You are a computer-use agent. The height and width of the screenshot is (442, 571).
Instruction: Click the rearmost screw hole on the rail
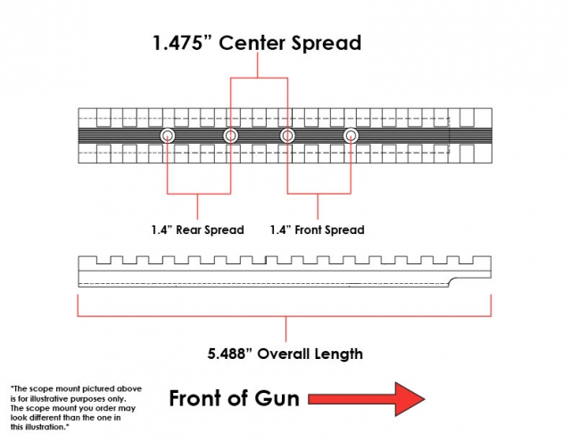(168, 136)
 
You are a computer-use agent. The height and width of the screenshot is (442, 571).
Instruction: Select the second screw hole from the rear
(230, 136)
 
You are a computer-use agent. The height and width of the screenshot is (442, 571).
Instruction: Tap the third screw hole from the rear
(287, 136)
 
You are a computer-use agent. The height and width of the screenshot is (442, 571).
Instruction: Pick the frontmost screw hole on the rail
(351, 136)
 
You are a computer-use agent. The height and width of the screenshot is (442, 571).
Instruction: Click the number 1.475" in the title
(182, 43)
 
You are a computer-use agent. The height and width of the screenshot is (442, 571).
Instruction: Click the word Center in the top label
(252, 43)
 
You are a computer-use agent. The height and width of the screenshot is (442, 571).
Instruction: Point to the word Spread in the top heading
(326, 44)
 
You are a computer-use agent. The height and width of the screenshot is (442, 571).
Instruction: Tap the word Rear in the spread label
(188, 229)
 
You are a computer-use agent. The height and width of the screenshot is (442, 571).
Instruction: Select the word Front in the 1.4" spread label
(308, 229)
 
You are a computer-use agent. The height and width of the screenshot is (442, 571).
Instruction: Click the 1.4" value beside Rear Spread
(161, 229)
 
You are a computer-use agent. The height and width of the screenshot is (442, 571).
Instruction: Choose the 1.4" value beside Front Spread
(280, 229)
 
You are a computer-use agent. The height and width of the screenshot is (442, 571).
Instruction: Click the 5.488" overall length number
(229, 354)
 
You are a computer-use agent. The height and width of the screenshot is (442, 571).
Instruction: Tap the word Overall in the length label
(284, 354)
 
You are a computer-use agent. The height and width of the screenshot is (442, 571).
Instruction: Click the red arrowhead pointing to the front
(410, 399)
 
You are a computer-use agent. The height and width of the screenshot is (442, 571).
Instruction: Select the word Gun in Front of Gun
(277, 398)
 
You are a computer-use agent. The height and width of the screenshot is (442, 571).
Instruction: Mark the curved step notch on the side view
(453, 281)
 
